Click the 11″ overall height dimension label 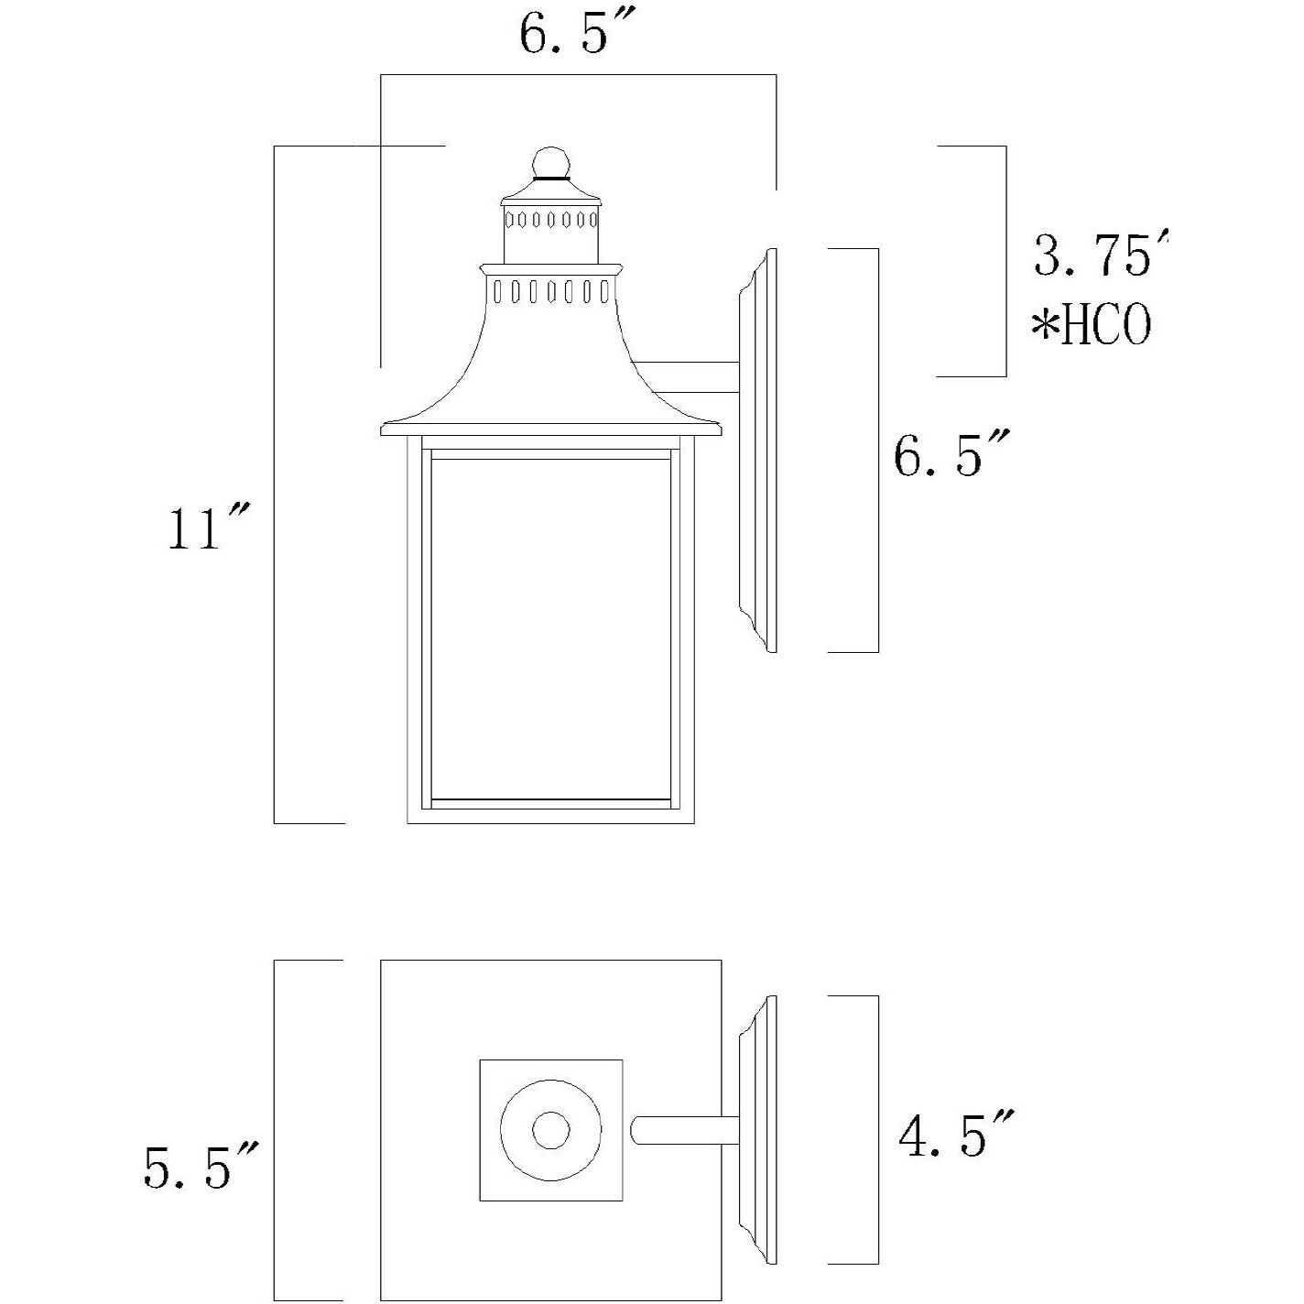207,528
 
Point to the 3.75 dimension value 1099,256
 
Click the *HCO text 1092,326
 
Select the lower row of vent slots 550,292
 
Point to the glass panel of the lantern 550,627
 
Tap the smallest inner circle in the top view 550,1130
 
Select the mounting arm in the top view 687,1130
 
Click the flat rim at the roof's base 550,429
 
